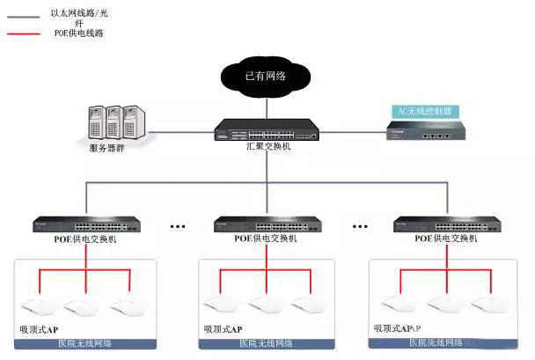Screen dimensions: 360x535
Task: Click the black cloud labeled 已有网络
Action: [266, 77]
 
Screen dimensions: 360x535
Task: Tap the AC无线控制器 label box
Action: [425, 112]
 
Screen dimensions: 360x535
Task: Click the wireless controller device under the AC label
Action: [426, 132]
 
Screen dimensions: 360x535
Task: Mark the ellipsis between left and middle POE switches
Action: [180, 226]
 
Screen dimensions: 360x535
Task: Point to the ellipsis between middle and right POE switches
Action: [359, 226]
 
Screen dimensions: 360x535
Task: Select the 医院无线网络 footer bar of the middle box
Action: [266, 343]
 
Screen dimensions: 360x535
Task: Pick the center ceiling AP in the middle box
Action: [264, 305]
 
